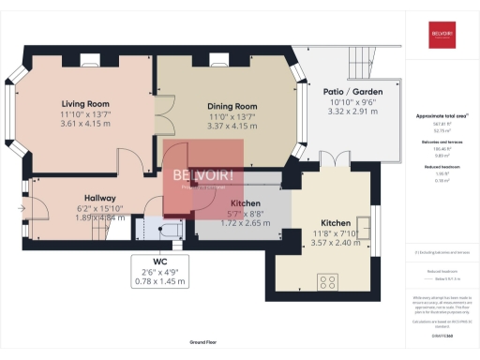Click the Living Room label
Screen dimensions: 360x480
point(85,103)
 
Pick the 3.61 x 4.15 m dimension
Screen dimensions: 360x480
point(85,124)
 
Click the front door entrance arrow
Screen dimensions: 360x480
point(21,207)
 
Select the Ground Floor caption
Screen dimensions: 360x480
point(202,344)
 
